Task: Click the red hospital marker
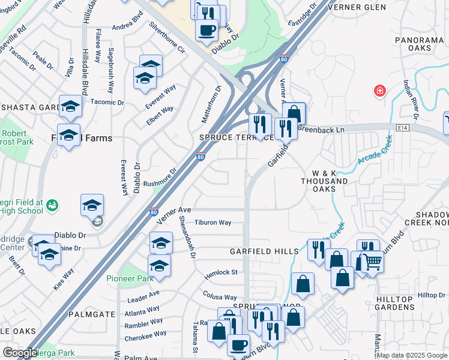tap(379, 91)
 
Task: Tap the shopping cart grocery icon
tap(372, 262)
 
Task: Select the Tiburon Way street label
tap(212, 223)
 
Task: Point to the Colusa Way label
tap(220, 297)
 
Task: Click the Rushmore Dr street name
tap(160, 178)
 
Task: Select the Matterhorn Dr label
tap(218, 97)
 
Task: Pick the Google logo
tap(20, 353)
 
